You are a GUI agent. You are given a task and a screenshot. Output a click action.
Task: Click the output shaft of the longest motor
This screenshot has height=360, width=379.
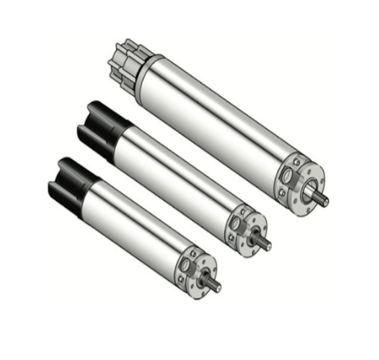click(321, 198)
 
